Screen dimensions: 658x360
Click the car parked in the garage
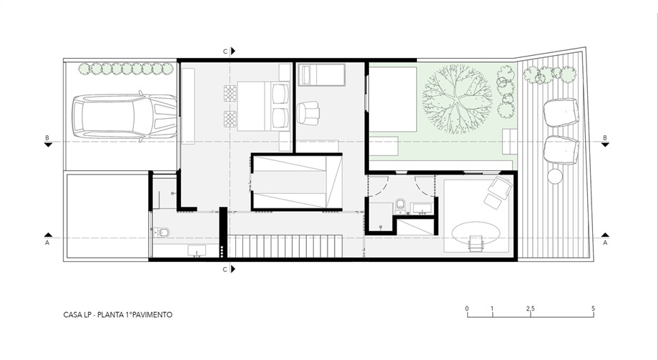click(x=124, y=117)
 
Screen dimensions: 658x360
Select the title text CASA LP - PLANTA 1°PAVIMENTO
click(x=118, y=315)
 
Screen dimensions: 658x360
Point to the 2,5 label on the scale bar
click(x=531, y=308)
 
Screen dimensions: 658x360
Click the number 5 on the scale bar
click(x=593, y=308)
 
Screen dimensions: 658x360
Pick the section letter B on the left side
click(x=47, y=138)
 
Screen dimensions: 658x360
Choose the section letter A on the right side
click(x=605, y=243)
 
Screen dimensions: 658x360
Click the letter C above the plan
click(x=225, y=52)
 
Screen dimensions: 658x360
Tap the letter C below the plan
click(x=225, y=269)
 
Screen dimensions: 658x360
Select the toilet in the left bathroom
click(x=162, y=232)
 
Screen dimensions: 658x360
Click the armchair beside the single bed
click(x=308, y=113)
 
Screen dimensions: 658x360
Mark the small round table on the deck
click(x=555, y=177)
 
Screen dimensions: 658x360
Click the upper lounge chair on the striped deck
click(x=561, y=112)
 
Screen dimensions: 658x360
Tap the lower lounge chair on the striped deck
click(x=561, y=150)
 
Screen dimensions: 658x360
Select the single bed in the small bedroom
click(x=321, y=74)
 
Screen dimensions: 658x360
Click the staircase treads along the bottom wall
click(x=285, y=246)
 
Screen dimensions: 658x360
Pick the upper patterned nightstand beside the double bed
click(x=230, y=93)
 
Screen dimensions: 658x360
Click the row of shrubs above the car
click(x=126, y=69)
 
